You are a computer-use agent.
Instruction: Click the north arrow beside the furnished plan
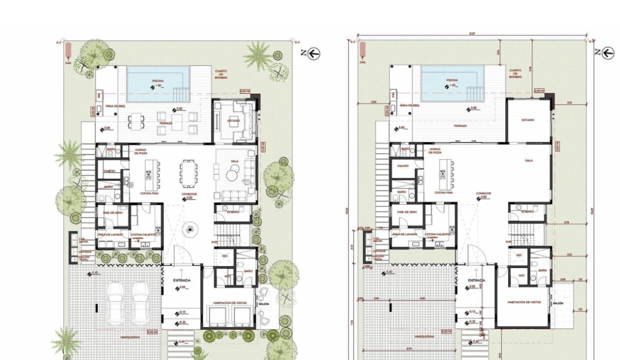coord(314,53)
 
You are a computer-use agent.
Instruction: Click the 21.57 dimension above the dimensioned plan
coord(471,34)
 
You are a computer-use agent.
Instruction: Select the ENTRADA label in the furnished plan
coord(182,280)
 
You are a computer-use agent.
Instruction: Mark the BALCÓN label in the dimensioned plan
coord(558,303)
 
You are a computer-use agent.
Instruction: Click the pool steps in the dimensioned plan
coord(473,93)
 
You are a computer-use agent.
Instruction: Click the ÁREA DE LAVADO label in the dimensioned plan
coord(404,234)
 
